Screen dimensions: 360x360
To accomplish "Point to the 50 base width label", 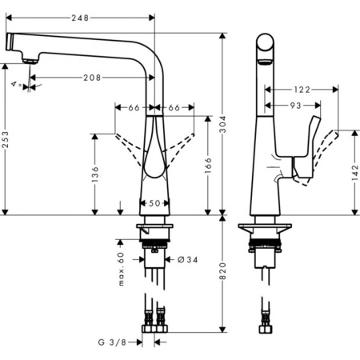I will pos(155,203).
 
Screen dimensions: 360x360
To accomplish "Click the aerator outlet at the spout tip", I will pos(30,60).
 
